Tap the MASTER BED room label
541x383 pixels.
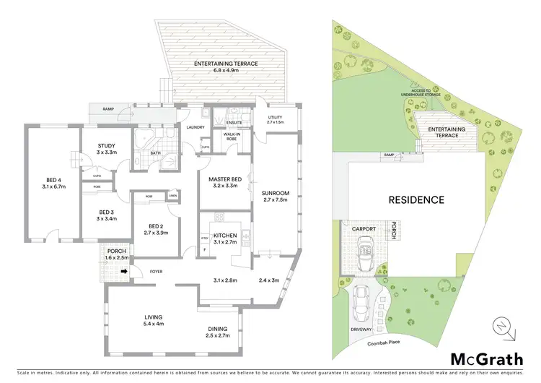pyautogui.click(x=223, y=179)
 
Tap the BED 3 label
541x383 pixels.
pyautogui.click(x=106, y=212)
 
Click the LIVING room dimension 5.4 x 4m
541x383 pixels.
pyautogui.click(x=152, y=324)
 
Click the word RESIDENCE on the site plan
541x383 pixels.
pyautogui.click(x=416, y=199)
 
